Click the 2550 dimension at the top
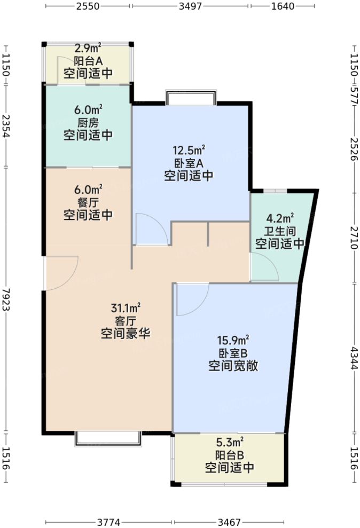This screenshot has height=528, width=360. [x=89, y=7]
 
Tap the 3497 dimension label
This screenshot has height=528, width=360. [x=190, y=7]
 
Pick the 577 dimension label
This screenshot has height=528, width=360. [x=354, y=92]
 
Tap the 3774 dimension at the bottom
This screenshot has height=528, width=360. [x=109, y=521]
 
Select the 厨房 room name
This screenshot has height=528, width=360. [x=88, y=122]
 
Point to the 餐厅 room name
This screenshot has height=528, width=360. [x=88, y=202]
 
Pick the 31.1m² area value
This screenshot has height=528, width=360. [x=126, y=308]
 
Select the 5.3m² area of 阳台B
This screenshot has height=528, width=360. [x=230, y=443]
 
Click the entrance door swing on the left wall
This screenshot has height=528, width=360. [x=62, y=272]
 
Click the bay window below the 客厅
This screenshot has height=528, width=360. [x=108, y=438]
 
